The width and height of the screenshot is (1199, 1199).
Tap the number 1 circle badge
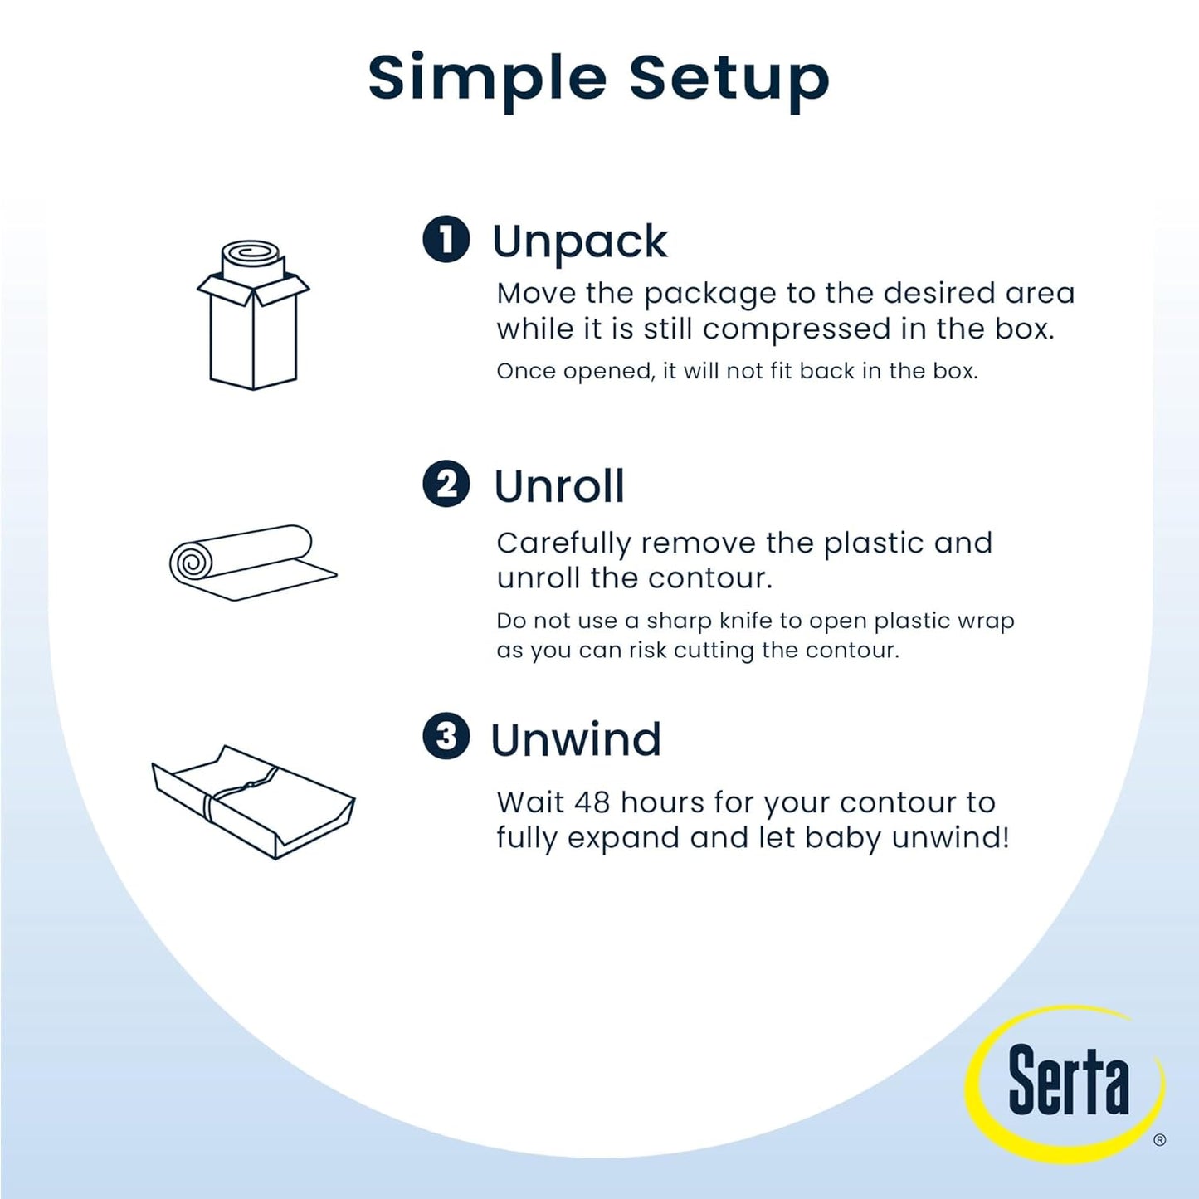(x=446, y=239)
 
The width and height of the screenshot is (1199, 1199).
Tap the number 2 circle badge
(x=446, y=484)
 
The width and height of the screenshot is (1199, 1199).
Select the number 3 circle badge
(x=446, y=736)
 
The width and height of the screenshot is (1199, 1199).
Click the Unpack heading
(x=579, y=241)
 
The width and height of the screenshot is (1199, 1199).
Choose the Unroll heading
(x=559, y=486)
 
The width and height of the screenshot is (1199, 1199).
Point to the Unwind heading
(x=576, y=739)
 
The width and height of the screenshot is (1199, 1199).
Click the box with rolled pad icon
(x=253, y=315)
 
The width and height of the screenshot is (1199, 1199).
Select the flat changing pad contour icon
(x=253, y=801)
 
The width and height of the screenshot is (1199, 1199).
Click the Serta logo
(x=1067, y=1080)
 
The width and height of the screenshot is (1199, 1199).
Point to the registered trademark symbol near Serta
(x=1159, y=1140)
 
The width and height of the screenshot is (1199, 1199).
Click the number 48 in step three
(x=592, y=802)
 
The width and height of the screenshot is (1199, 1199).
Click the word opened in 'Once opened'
(x=609, y=371)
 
